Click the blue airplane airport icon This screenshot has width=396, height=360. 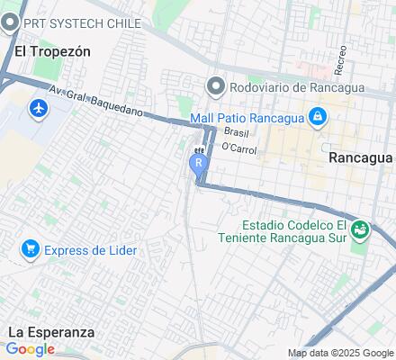[x=38, y=108]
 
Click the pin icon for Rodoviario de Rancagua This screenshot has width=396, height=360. [x=215, y=86]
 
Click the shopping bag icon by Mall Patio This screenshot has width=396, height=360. [x=317, y=117]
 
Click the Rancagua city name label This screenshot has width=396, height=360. [x=359, y=156]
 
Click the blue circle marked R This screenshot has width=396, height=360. [x=199, y=163]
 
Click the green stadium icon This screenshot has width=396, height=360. [x=360, y=230]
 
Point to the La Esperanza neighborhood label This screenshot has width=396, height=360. [x=50, y=331]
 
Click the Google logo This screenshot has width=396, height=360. [x=31, y=349]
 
